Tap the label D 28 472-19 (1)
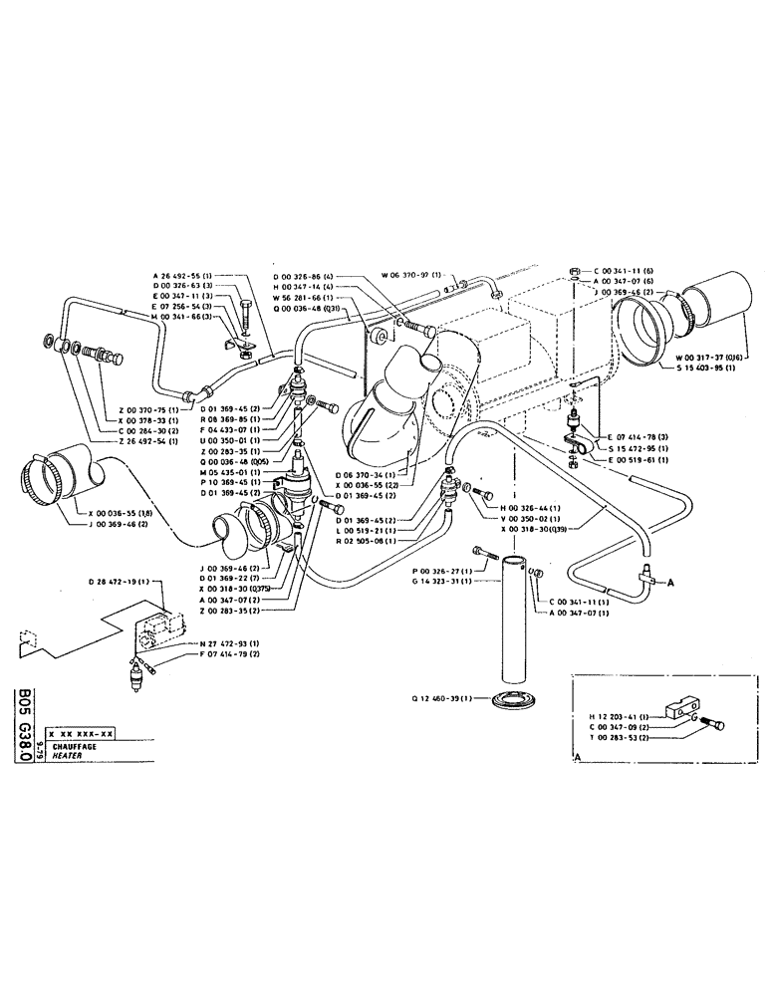(119, 580)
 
